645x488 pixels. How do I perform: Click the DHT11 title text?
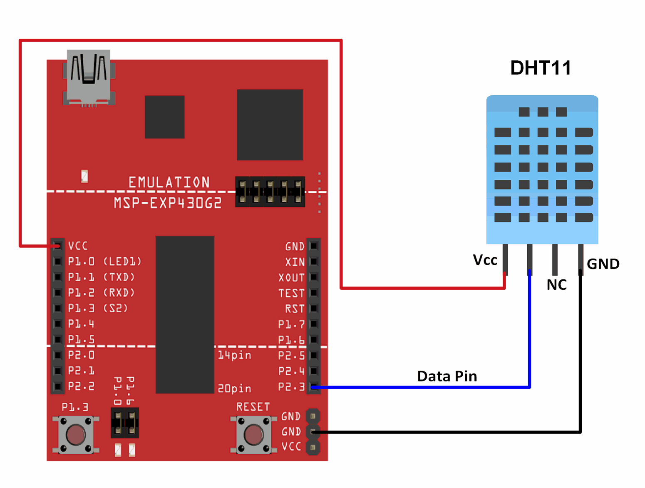pyautogui.click(x=540, y=68)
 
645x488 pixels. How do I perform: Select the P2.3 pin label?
pyautogui.click(x=291, y=387)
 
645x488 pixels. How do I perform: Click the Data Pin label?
pyautogui.click(x=447, y=376)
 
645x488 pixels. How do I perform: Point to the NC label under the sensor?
pyautogui.click(x=556, y=285)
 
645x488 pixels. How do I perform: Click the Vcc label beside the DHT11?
pyautogui.click(x=485, y=260)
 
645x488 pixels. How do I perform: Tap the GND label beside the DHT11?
pyautogui.click(x=603, y=264)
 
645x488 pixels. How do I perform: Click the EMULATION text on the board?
pyautogui.click(x=169, y=182)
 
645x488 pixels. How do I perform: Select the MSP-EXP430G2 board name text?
pyautogui.click(x=168, y=203)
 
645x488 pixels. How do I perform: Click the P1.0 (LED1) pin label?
pyautogui.click(x=105, y=261)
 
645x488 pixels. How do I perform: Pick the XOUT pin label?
pyautogui.click(x=291, y=278)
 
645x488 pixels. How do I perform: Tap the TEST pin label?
pyautogui.click(x=291, y=293)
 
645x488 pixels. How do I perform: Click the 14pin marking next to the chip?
pyautogui.click(x=234, y=355)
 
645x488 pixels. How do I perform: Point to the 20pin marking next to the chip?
pyautogui.click(x=234, y=388)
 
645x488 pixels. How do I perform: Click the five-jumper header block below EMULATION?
pyautogui.click(x=270, y=192)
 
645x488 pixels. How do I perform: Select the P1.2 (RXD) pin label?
pyautogui.click(x=102, y=293)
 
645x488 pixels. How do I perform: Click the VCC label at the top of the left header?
pyautogui.click(x=78, y=246)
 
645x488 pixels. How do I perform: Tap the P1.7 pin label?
pyautogui.click(x=291, y=324)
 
